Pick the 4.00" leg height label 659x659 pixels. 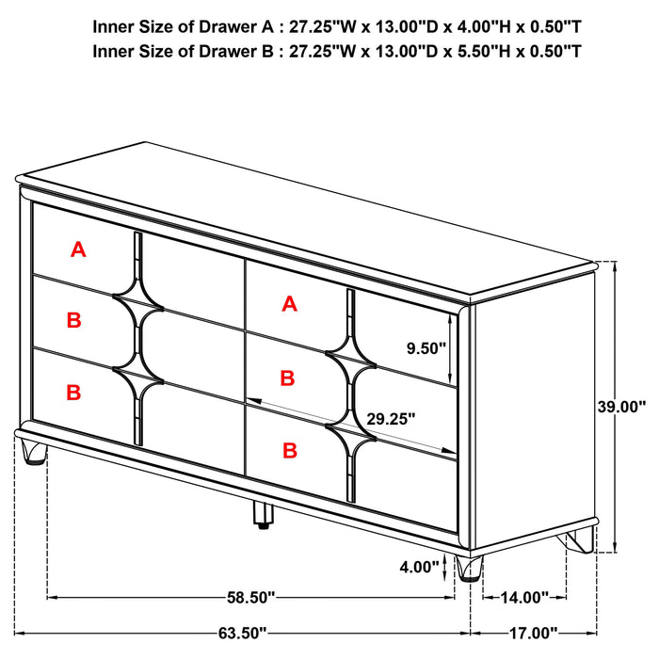click(x=419, y=567)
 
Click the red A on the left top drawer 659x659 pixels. click(x=78, y=249)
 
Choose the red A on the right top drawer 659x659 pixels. click(x=289, y=303)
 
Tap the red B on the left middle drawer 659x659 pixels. click(x=74, y=321)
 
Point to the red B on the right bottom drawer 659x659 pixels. click(x=289, y=451)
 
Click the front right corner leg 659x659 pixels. click(x=468, y=568)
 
